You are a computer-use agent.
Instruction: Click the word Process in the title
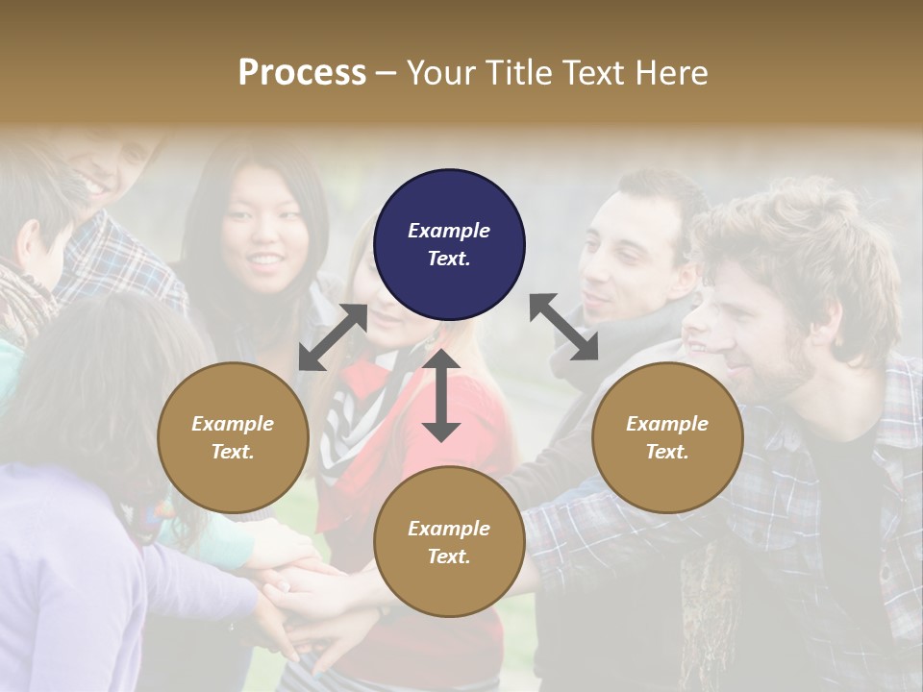(302, 73)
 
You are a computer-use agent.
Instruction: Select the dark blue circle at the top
(449, 244)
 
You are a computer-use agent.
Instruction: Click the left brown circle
(233, 437)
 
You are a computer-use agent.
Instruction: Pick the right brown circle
(667, 437)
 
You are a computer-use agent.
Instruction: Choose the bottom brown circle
(449, 542)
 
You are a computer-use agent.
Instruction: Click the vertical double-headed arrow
(441, 395)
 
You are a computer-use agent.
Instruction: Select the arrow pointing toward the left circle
(333, 336)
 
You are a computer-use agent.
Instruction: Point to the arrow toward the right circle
(563, 328)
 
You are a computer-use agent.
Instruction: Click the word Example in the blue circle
(449, 231)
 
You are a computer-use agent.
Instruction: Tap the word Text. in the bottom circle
(449, 556)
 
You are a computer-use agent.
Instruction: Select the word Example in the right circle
(667, 424)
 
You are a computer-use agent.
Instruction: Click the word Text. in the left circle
(233, 452)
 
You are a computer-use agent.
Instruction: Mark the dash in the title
(386, 73)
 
